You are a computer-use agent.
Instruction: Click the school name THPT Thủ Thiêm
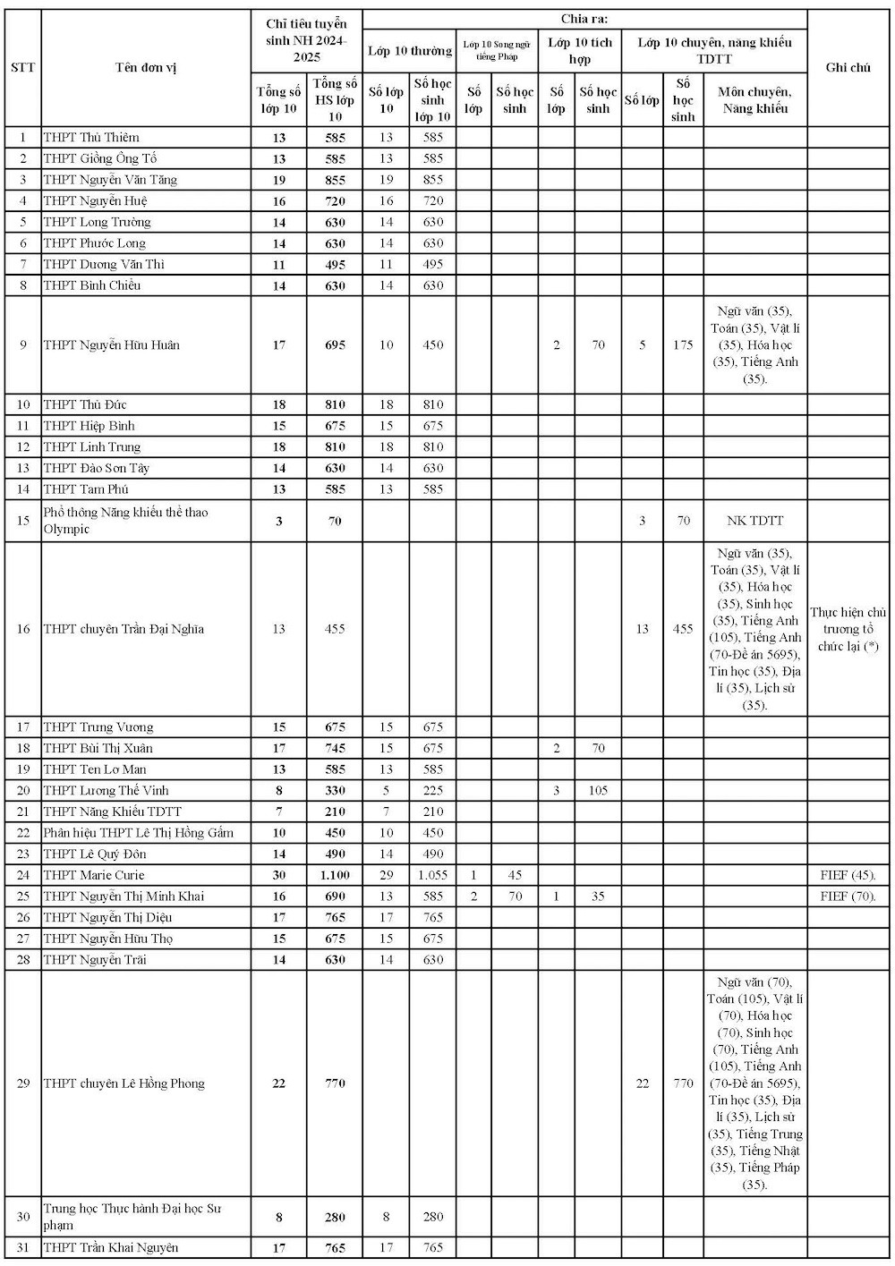[x=91, y=138]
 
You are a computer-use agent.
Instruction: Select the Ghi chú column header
[x=848, y=67]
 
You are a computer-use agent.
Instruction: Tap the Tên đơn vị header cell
[x=146, y=67]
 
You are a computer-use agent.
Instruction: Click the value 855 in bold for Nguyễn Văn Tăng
[x=335, y=180]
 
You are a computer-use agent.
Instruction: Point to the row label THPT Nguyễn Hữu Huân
[x=112, y=345]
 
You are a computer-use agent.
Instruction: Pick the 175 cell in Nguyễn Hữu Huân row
[x=683, y=345]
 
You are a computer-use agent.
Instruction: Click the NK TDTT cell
[x=754, y=521]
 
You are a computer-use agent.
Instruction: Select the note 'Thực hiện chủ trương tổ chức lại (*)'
[x=848, y=629]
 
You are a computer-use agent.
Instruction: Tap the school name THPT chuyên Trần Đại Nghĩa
[x=124, y=629]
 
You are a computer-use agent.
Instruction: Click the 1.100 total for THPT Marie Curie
[x=335, y=875]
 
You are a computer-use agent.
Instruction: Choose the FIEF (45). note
[x=848, y=875]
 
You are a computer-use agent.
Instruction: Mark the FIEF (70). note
[x=848, y=896]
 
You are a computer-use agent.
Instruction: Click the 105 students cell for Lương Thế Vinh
[x=598, y=790]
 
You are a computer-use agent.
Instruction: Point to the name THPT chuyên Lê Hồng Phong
[x=124, y=1083]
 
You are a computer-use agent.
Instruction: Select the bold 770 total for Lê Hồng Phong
[x=335, y=1083]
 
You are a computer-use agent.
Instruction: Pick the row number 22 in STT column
[x=23, y=833]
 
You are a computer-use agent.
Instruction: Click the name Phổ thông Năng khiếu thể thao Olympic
[x=125, y=521]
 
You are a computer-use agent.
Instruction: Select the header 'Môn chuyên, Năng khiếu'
[x=754, y=100]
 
